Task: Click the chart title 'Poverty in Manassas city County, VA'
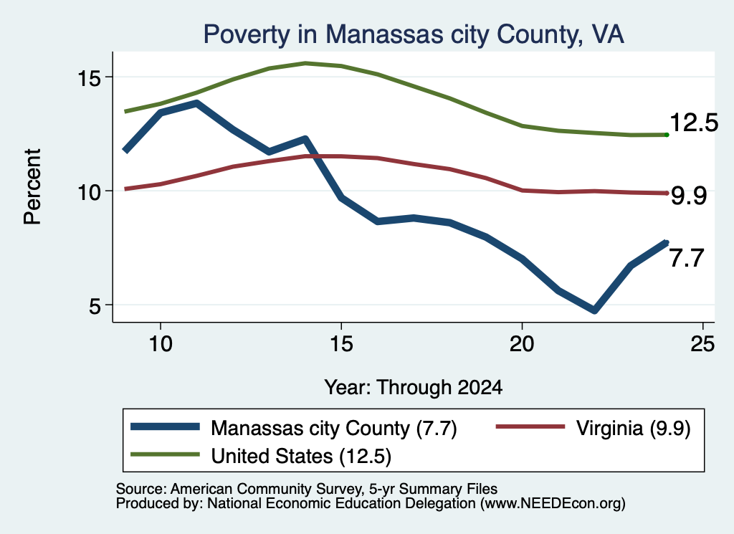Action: click(414, 34)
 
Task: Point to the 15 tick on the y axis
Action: click(89, 77)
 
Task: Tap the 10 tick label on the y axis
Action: click(89, 191)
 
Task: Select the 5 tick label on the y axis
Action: click(95, 306)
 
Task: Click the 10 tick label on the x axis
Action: click(161, 344)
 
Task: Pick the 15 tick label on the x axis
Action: click(341, 344)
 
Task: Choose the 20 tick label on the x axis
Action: click(522, 344)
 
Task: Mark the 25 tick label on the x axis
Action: click(702, 344)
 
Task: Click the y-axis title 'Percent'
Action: click(32, 187)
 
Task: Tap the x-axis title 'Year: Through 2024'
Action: click(414, 388)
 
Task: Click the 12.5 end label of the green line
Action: click(694, 123)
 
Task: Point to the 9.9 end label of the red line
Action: click(688, 195)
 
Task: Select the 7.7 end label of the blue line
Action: click(687, 258)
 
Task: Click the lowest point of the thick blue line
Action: click(594, 310)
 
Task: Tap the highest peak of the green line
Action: click(305, 63)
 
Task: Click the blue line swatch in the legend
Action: click(166, 426)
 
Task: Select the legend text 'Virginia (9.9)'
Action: click(633, 428)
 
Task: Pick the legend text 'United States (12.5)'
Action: click(301, 457)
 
